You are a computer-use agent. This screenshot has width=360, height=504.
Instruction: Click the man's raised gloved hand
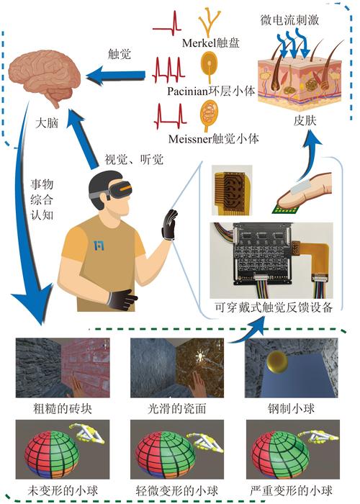click(169, 225)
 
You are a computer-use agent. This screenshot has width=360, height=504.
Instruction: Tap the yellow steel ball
click(279, 360)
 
